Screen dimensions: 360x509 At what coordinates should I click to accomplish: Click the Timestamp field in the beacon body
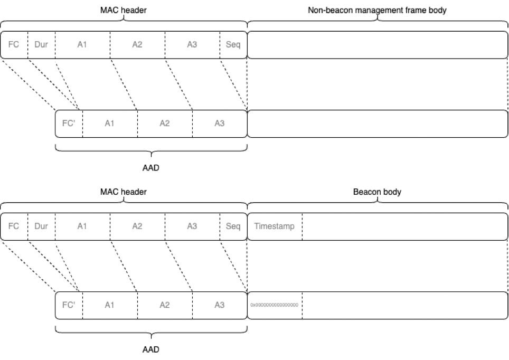[x=275, y=226]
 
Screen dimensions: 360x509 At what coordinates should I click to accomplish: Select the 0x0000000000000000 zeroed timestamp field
[x=275, y=305]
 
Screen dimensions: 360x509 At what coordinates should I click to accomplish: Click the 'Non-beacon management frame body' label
[x=377, y=10]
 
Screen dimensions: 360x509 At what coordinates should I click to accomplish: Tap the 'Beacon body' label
[x=377, y=192]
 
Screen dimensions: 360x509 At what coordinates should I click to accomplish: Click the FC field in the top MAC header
[x=14, y=44]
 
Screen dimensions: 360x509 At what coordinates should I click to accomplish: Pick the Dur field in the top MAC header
[x=41, y=44]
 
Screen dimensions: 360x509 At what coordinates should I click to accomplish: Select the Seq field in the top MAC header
[x=233, y=44]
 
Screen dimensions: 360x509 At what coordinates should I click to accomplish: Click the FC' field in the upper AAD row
[x=69, y=124]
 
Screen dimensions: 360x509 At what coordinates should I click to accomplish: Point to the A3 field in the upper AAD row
[x=220, y=124]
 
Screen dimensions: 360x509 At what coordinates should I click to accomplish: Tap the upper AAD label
[x=151, y=168]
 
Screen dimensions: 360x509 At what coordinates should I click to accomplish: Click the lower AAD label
[x=151, y=349]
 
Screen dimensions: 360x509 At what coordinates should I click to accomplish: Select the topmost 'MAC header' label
[x=123, y=10]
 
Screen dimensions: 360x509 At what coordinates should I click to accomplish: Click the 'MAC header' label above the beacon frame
[x=123, y=192]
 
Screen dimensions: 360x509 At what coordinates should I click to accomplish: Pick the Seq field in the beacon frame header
[x=233, y=226]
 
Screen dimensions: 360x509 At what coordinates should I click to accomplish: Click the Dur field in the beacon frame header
[x=41, y=226]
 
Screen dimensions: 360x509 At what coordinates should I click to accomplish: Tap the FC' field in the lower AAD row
[x=69, y=305]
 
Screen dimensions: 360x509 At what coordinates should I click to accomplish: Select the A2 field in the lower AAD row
[x=165, y=305]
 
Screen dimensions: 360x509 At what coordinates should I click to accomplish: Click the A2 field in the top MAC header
[x=137, y=44]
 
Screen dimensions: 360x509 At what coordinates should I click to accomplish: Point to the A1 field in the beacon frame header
[x=82, y=226]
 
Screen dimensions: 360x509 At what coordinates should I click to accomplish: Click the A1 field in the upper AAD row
[x=110, y=124]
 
